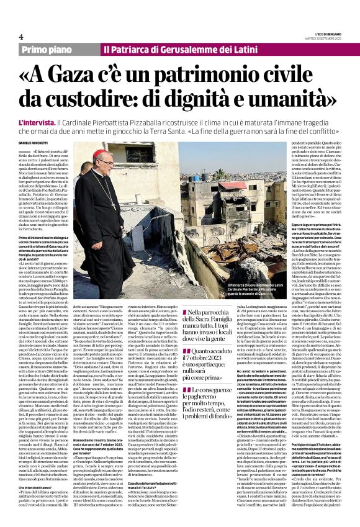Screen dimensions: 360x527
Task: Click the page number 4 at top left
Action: click(21, 37)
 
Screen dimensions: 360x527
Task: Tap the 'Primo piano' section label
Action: click(61, 48)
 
